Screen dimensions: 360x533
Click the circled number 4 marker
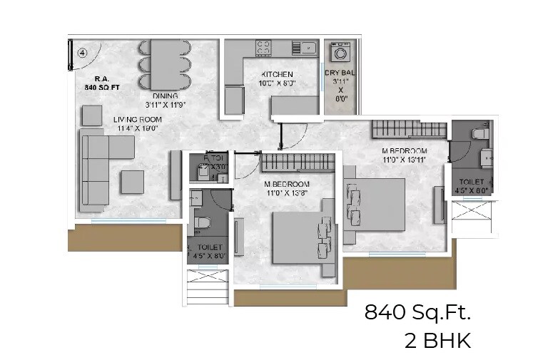click(x=83, y=52)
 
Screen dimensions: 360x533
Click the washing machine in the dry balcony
click(x=339, y=53)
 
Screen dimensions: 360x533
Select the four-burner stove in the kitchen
click(x=263, y=48)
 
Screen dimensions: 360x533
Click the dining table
click(x=165, y=63)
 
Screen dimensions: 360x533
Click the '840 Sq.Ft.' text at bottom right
click(x=418, y=312)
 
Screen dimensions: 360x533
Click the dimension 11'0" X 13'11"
click(x=404, y=160)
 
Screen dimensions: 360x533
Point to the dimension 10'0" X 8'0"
click(x=278, y=83)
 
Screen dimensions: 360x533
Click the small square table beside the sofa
click(x=132, y=182)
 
